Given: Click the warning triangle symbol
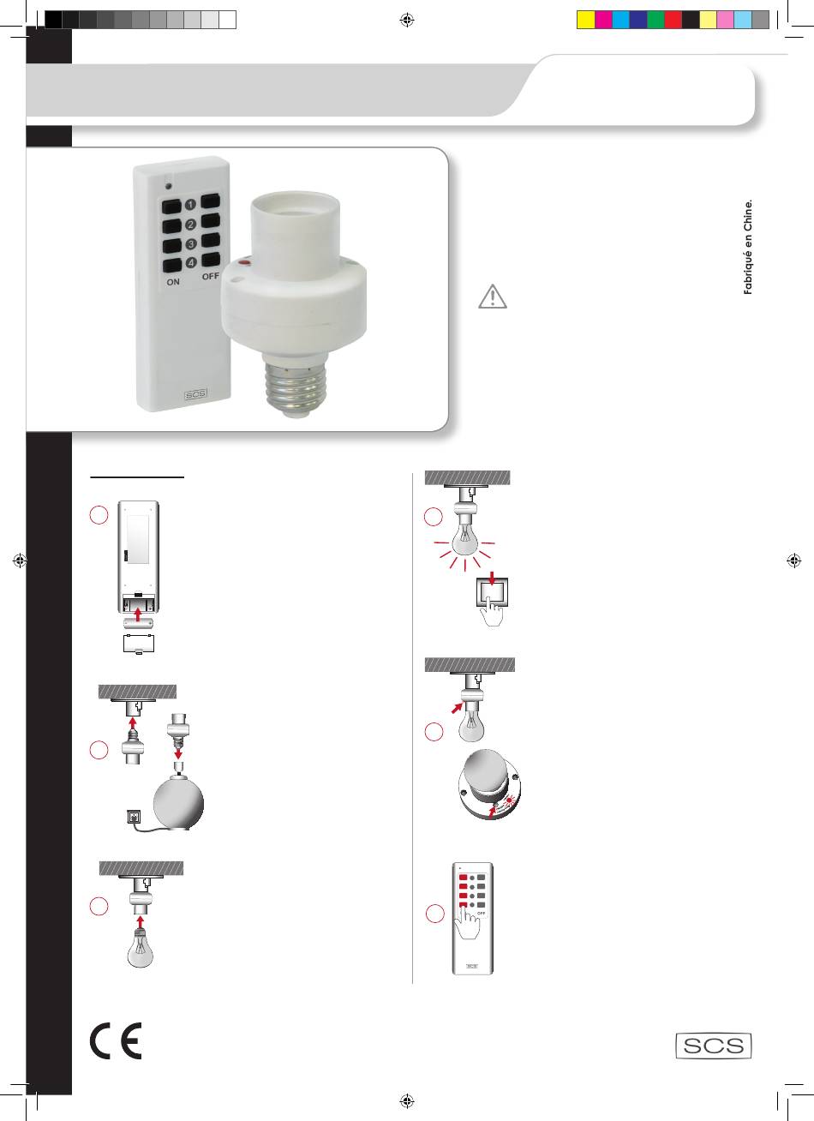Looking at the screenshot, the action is click(x=493, y=297).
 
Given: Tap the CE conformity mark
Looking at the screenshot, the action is click(x=116, y=1041).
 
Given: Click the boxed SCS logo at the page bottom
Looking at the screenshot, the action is click(x=714, y=1046).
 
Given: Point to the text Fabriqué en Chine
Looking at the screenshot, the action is click(x=748, y=247).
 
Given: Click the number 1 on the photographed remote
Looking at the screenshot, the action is click(x=190, y=205).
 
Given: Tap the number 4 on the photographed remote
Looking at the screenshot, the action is click(x=191, y=263).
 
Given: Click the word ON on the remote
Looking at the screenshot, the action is click(x=173, y=282).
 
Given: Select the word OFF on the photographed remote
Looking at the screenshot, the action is click(x=211, y=276).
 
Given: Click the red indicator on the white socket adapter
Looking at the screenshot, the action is click(x=244, y=261).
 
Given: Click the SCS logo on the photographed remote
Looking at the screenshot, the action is click(x=195, y=394).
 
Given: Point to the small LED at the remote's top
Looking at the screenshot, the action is click(x=169, y=186).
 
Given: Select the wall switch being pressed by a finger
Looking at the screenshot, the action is click(x=493, y=592).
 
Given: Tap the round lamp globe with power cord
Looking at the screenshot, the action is click(x=178, y=804).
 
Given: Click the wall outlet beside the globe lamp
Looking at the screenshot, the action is click(x=134, y=817).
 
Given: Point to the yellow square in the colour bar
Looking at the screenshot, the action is click(x=585, y=20).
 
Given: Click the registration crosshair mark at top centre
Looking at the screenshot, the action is click(x=407, y=20).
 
